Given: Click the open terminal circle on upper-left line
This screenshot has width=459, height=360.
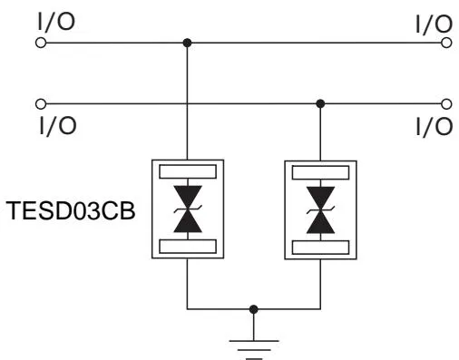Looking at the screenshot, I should pos(40,43).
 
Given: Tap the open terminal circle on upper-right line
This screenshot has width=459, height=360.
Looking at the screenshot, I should pos(445,43).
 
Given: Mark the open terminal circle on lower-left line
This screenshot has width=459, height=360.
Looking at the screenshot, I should pos(40,103).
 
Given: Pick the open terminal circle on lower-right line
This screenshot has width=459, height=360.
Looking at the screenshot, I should pos(445,103).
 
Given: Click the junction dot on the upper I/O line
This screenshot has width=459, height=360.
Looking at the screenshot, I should pos(187,43).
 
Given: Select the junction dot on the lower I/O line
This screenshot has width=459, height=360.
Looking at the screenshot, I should pos(320,103).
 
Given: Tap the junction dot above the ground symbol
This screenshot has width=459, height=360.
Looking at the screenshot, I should pos(254,309).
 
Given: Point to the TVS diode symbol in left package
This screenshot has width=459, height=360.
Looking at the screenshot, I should pos(187,208).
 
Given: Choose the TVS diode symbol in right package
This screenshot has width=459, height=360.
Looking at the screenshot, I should pos(320,208).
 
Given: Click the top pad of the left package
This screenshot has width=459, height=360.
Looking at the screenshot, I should pos(187,170).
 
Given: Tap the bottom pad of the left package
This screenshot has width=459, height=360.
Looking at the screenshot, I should pos(187,246).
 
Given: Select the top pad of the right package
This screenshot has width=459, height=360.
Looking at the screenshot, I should pos(320,170).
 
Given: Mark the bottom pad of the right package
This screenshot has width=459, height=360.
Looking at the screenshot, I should pos(320,246).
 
